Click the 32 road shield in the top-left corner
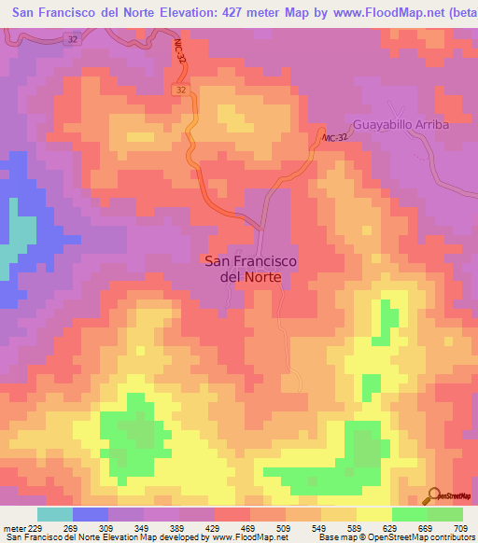pos(74,39)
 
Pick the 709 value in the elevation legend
pos(463,528)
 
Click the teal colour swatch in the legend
pos(55,514)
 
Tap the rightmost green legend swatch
pos(445,514)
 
